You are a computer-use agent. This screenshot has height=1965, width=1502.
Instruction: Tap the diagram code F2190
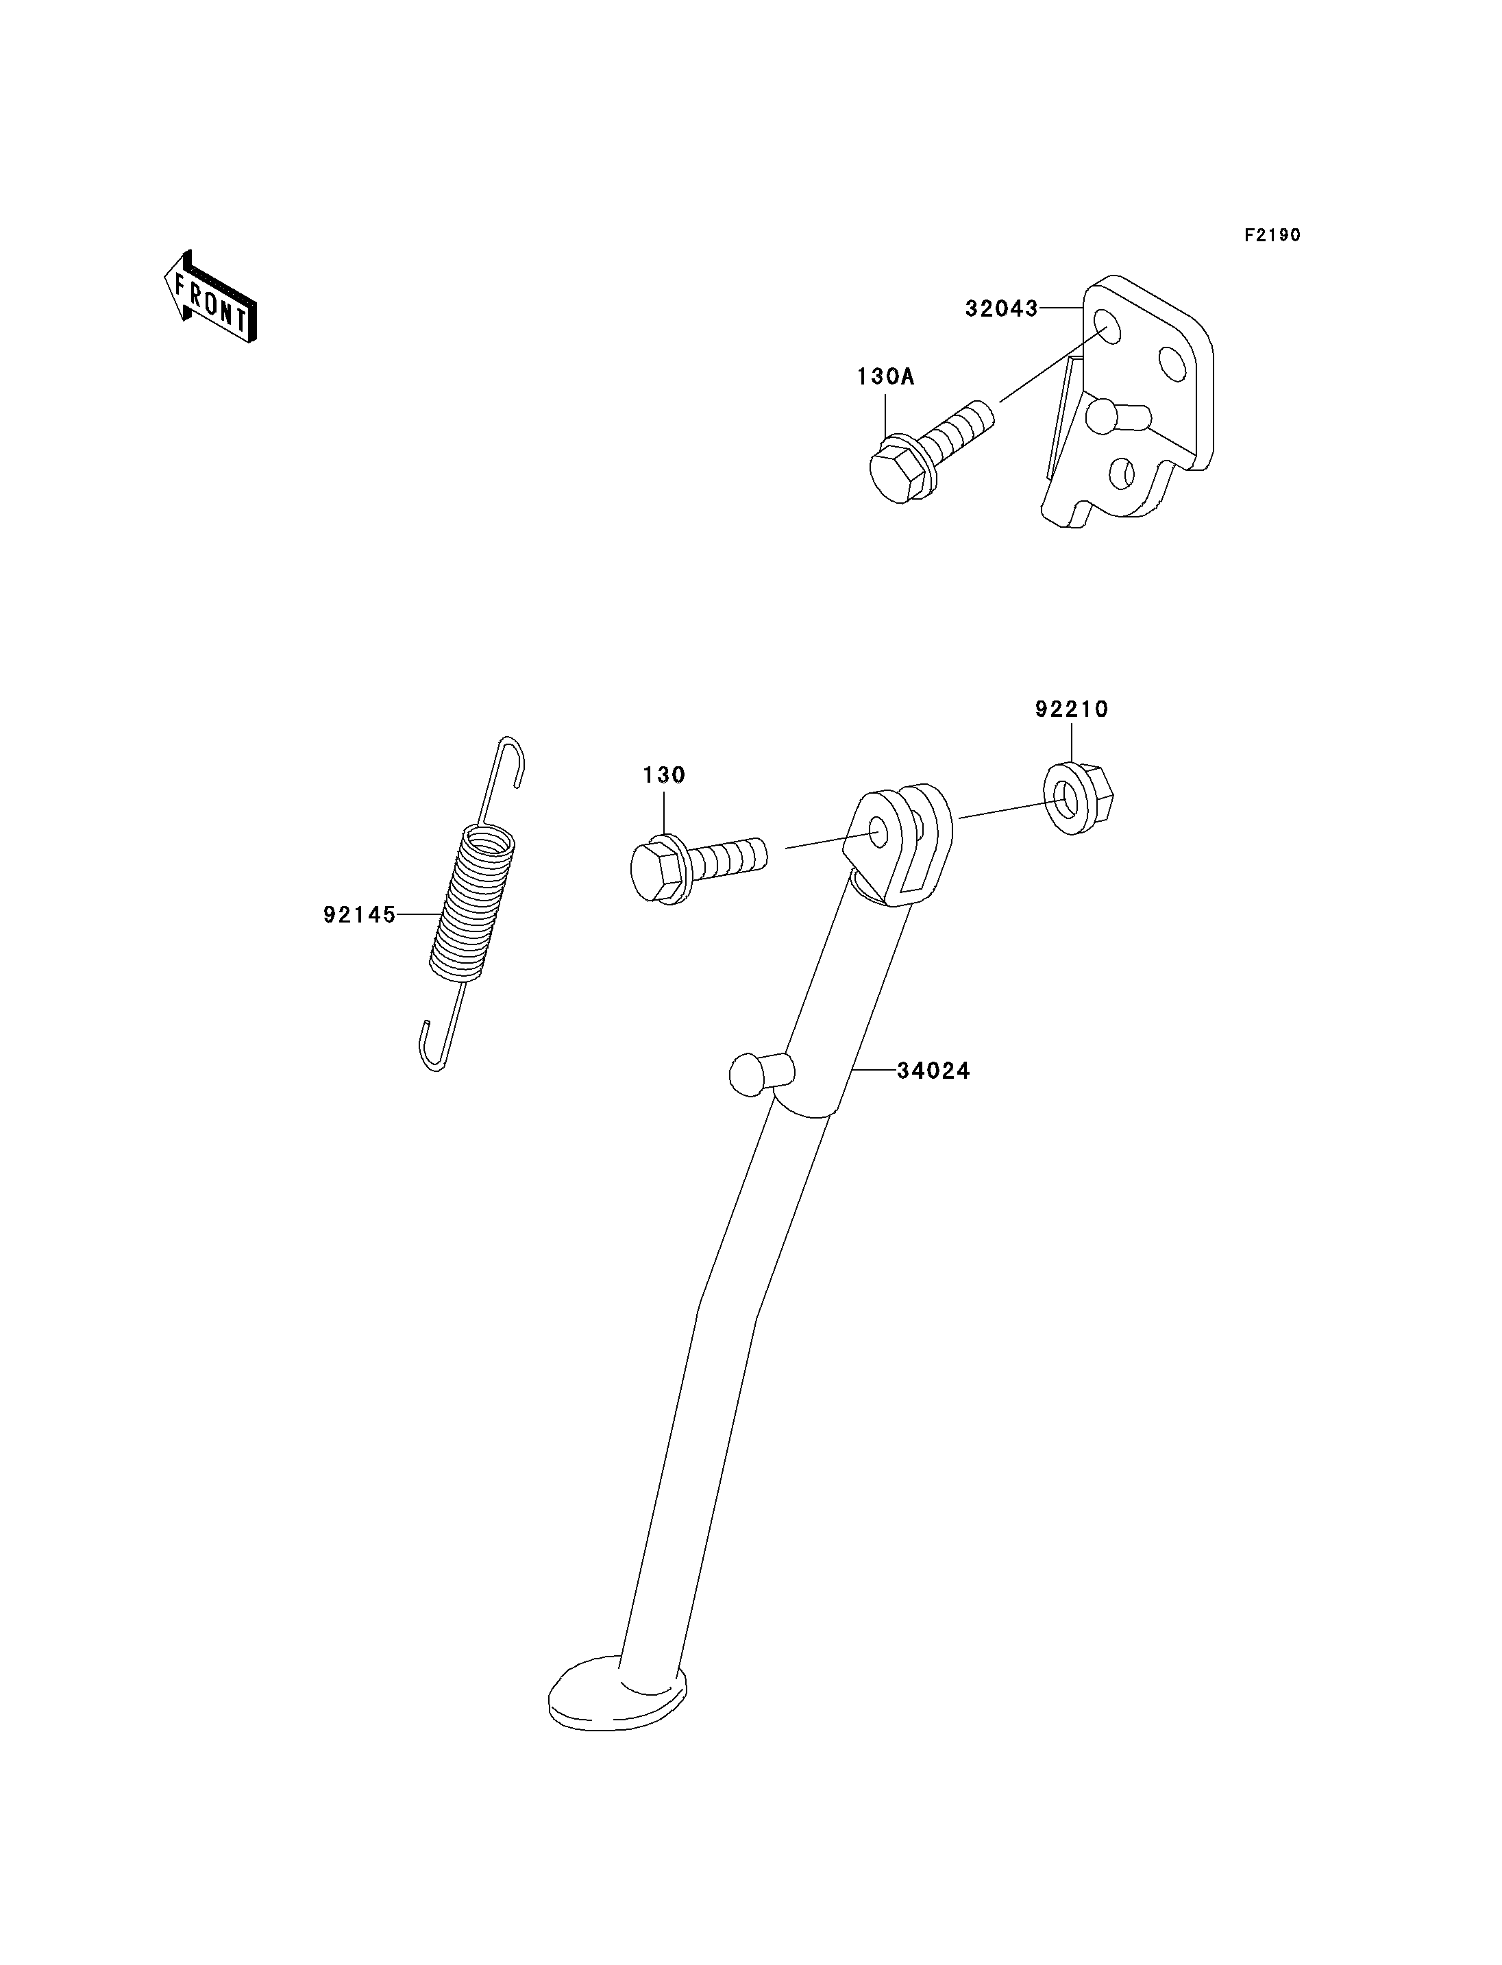click(x=1272, y=235)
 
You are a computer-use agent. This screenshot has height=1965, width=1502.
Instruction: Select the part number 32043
click(x=1001, y=308)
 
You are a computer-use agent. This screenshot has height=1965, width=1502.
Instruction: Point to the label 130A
click(x=885, y=376)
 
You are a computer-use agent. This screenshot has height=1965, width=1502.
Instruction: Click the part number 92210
click(x=1071, y=709)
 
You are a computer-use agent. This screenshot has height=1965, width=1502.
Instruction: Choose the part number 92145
click(x=360, y=915)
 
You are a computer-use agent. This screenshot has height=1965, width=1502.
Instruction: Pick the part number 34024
click(x=933, y=1071)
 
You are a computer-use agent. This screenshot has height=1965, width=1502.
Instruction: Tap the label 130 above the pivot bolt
click(x=663, y=775)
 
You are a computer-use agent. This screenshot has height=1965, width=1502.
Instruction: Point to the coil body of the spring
click(x=473, y=901)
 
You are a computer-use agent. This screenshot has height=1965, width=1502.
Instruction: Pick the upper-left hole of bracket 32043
click(x=1106, y=326)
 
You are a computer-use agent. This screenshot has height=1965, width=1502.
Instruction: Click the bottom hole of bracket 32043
click(x=1121, y=473)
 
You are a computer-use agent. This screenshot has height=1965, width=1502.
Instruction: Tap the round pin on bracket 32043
click(x=1118, y=415)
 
